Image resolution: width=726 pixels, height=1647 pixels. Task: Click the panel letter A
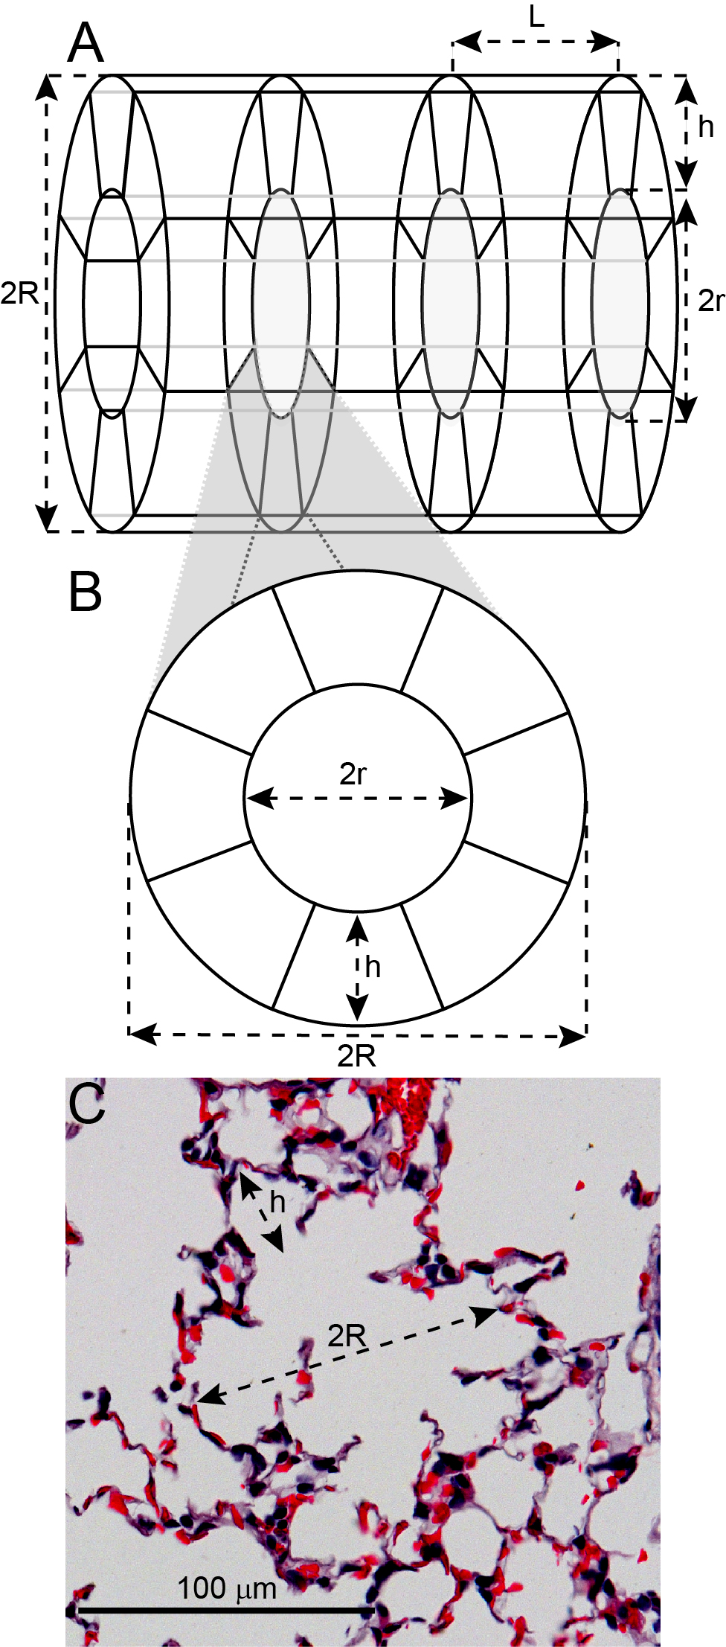click(85, 42)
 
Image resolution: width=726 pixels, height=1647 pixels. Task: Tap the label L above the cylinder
click(537, 16)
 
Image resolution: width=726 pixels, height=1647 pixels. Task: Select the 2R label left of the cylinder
click(19, 294)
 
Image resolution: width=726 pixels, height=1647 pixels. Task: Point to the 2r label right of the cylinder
click(710, 301)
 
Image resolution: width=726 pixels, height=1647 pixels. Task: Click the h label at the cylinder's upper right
click(706, 127)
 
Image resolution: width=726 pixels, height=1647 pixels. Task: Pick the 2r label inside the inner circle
click(353, 775)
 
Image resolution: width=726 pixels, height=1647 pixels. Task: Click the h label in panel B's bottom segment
click(373, 967)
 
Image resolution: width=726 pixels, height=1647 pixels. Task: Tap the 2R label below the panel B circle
click(357, 1055)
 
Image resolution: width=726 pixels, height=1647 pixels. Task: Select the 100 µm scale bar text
click(227, 1589)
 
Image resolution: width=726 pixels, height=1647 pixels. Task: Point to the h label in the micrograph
click(277, 1200)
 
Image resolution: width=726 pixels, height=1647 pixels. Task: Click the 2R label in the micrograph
click(347, 1336)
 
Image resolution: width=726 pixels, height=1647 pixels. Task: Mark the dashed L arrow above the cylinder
click(536, 42)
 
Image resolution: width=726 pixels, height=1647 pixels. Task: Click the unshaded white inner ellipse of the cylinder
click(112, 301)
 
